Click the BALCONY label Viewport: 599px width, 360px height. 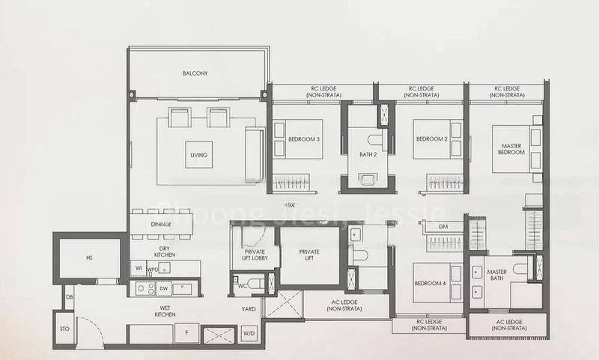[x=195, y=73]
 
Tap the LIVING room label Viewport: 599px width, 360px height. [x=198, y=155]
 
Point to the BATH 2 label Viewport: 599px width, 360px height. [x=368, y=154]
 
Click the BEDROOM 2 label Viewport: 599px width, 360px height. [x=431, y=139]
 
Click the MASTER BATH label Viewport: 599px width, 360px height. [x=497, y=276]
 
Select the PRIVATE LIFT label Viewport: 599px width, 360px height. [x=309, y=256]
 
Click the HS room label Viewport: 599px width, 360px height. [x=88, y=258]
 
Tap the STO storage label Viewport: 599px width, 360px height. [x=64, y=327]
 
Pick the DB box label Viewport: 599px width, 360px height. [x=69, y=297]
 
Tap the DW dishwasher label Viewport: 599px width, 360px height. [x=163, y=287]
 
